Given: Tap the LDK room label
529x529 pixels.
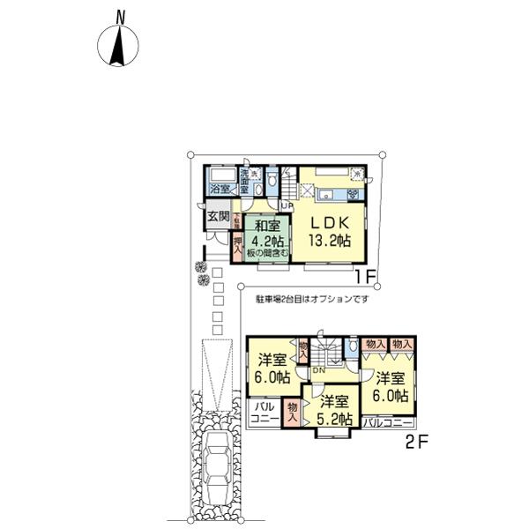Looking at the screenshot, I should pos(331,220).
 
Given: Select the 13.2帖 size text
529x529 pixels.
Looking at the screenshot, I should pos(331,240).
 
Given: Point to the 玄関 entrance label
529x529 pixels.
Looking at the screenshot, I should pos(218,216).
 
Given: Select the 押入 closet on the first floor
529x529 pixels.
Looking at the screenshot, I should pos(237,244).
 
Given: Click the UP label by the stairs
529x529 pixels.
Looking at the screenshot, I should pos(287,206).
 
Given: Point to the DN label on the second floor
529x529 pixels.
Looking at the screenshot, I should pos(318,371).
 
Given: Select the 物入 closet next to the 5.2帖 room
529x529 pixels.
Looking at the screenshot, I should pos(293,414).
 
